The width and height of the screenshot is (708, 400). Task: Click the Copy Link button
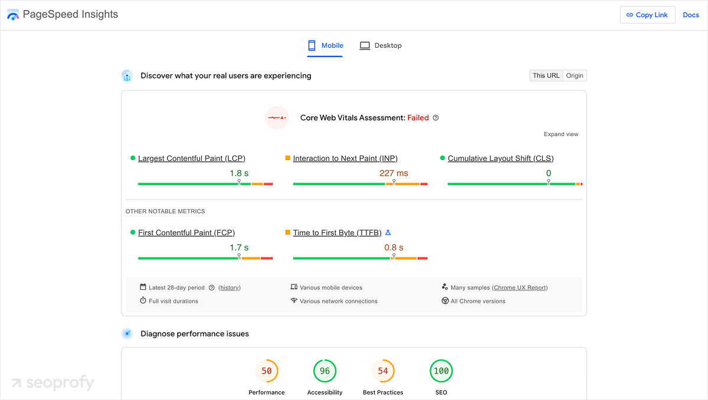pos(647,15)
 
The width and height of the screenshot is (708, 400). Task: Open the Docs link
pos(691,15)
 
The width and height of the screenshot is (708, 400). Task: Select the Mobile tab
pos(325,45)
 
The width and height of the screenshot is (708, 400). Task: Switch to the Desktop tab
pos(381,45)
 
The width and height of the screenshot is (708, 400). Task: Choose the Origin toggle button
pos(575,75)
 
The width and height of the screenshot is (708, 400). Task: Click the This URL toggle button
pos(546,75)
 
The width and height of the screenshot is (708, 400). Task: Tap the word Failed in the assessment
pos(418,118)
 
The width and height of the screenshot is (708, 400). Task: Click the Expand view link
pos(561,134)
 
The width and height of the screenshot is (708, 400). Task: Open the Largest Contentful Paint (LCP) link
pos(191,158)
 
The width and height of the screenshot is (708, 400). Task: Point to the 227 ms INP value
pos(394,173)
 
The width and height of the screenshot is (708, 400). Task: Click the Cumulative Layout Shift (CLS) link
pos(500,158)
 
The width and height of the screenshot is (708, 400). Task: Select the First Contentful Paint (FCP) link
pos(186,233)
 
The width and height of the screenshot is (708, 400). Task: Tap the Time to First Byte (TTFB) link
pos(337,233)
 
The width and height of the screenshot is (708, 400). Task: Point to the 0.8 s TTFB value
pos(394,247)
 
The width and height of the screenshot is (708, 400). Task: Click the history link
pos(230,287)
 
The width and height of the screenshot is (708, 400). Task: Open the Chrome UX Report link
pos(520,287)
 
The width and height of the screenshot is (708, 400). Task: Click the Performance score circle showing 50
pos(267,371)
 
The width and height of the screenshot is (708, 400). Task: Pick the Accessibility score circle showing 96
pos(324,371)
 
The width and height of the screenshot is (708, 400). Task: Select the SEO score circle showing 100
pos(441,371)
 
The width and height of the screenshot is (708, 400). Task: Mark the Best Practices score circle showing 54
pos(383,371)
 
